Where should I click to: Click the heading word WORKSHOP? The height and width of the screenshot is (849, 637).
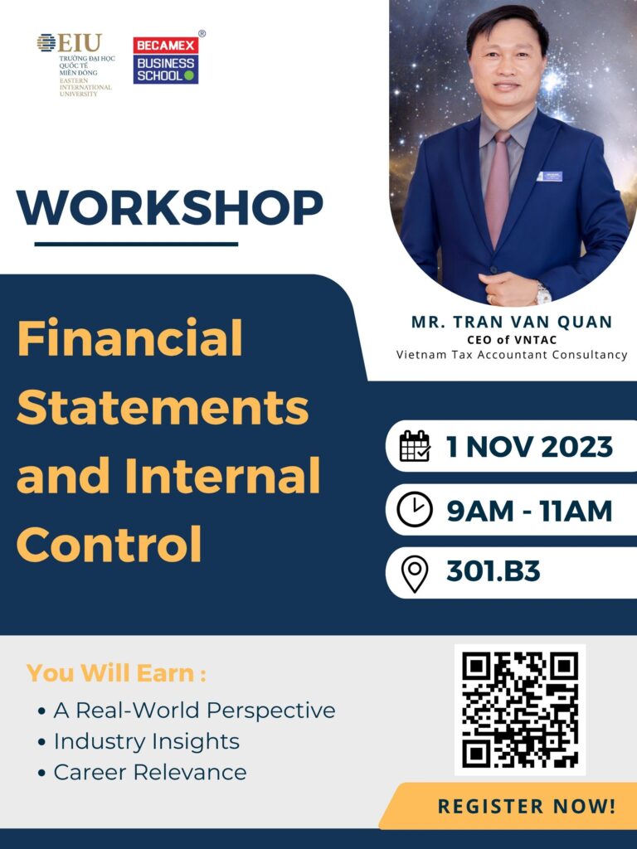[169, 208]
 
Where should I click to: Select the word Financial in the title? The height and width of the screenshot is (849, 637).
[130, 338]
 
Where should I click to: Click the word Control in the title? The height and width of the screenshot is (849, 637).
[110, 544]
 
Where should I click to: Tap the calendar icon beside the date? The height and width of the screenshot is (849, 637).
[415, 446]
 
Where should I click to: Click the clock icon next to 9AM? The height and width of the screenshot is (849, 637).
[415, 510]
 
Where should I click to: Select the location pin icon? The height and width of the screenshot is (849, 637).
[415, 574]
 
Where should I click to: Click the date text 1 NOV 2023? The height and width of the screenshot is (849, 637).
[529, 447]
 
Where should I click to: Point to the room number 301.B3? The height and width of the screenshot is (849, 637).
[493, 571]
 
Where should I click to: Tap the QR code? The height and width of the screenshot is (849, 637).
[520, 710]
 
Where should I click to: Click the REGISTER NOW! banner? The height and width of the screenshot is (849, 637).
[509, 806]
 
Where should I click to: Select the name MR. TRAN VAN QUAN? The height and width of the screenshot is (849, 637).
[512, 322]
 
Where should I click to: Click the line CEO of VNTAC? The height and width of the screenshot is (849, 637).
[512, 339]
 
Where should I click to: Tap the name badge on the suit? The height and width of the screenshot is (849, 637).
[550, 176]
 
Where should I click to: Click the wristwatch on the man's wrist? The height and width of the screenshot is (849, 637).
[542, 293]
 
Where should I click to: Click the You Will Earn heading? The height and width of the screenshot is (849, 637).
[116, 673]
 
